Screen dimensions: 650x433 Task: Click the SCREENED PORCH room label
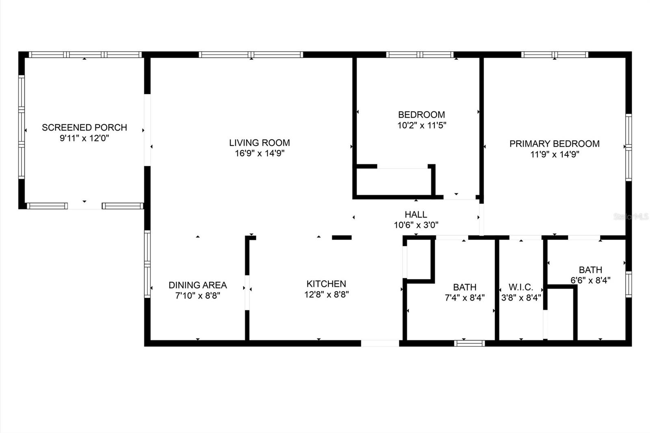coord(84,128)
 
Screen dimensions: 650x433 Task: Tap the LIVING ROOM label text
coord(260,143)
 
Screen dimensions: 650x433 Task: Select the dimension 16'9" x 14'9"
coord(260,153)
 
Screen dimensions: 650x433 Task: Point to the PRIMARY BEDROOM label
coord(555,144)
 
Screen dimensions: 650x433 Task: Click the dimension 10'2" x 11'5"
coord(422,125)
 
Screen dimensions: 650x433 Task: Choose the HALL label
coord(416,214)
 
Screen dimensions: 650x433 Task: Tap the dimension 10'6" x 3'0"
coord(416,225)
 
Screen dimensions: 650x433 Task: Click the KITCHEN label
coord(326,284)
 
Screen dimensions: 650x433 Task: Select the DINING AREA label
coord(197,285)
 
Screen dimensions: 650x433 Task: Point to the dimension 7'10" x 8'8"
coord(197,296)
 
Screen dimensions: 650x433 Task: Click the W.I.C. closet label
coord(521,287)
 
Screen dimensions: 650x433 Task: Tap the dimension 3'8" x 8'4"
coord(521,298)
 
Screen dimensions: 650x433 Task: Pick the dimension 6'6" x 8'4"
coord(590,280)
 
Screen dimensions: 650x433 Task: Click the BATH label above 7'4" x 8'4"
coord(465,287)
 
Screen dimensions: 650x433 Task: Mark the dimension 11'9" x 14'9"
coord(555,154)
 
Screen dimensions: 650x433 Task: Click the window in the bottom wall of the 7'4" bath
coord(469,343)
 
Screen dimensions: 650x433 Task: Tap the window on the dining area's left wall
coord(147,264)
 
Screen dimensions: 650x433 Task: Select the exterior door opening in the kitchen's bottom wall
coord(380,343)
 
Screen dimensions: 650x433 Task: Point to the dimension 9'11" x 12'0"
coord(84,138)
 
